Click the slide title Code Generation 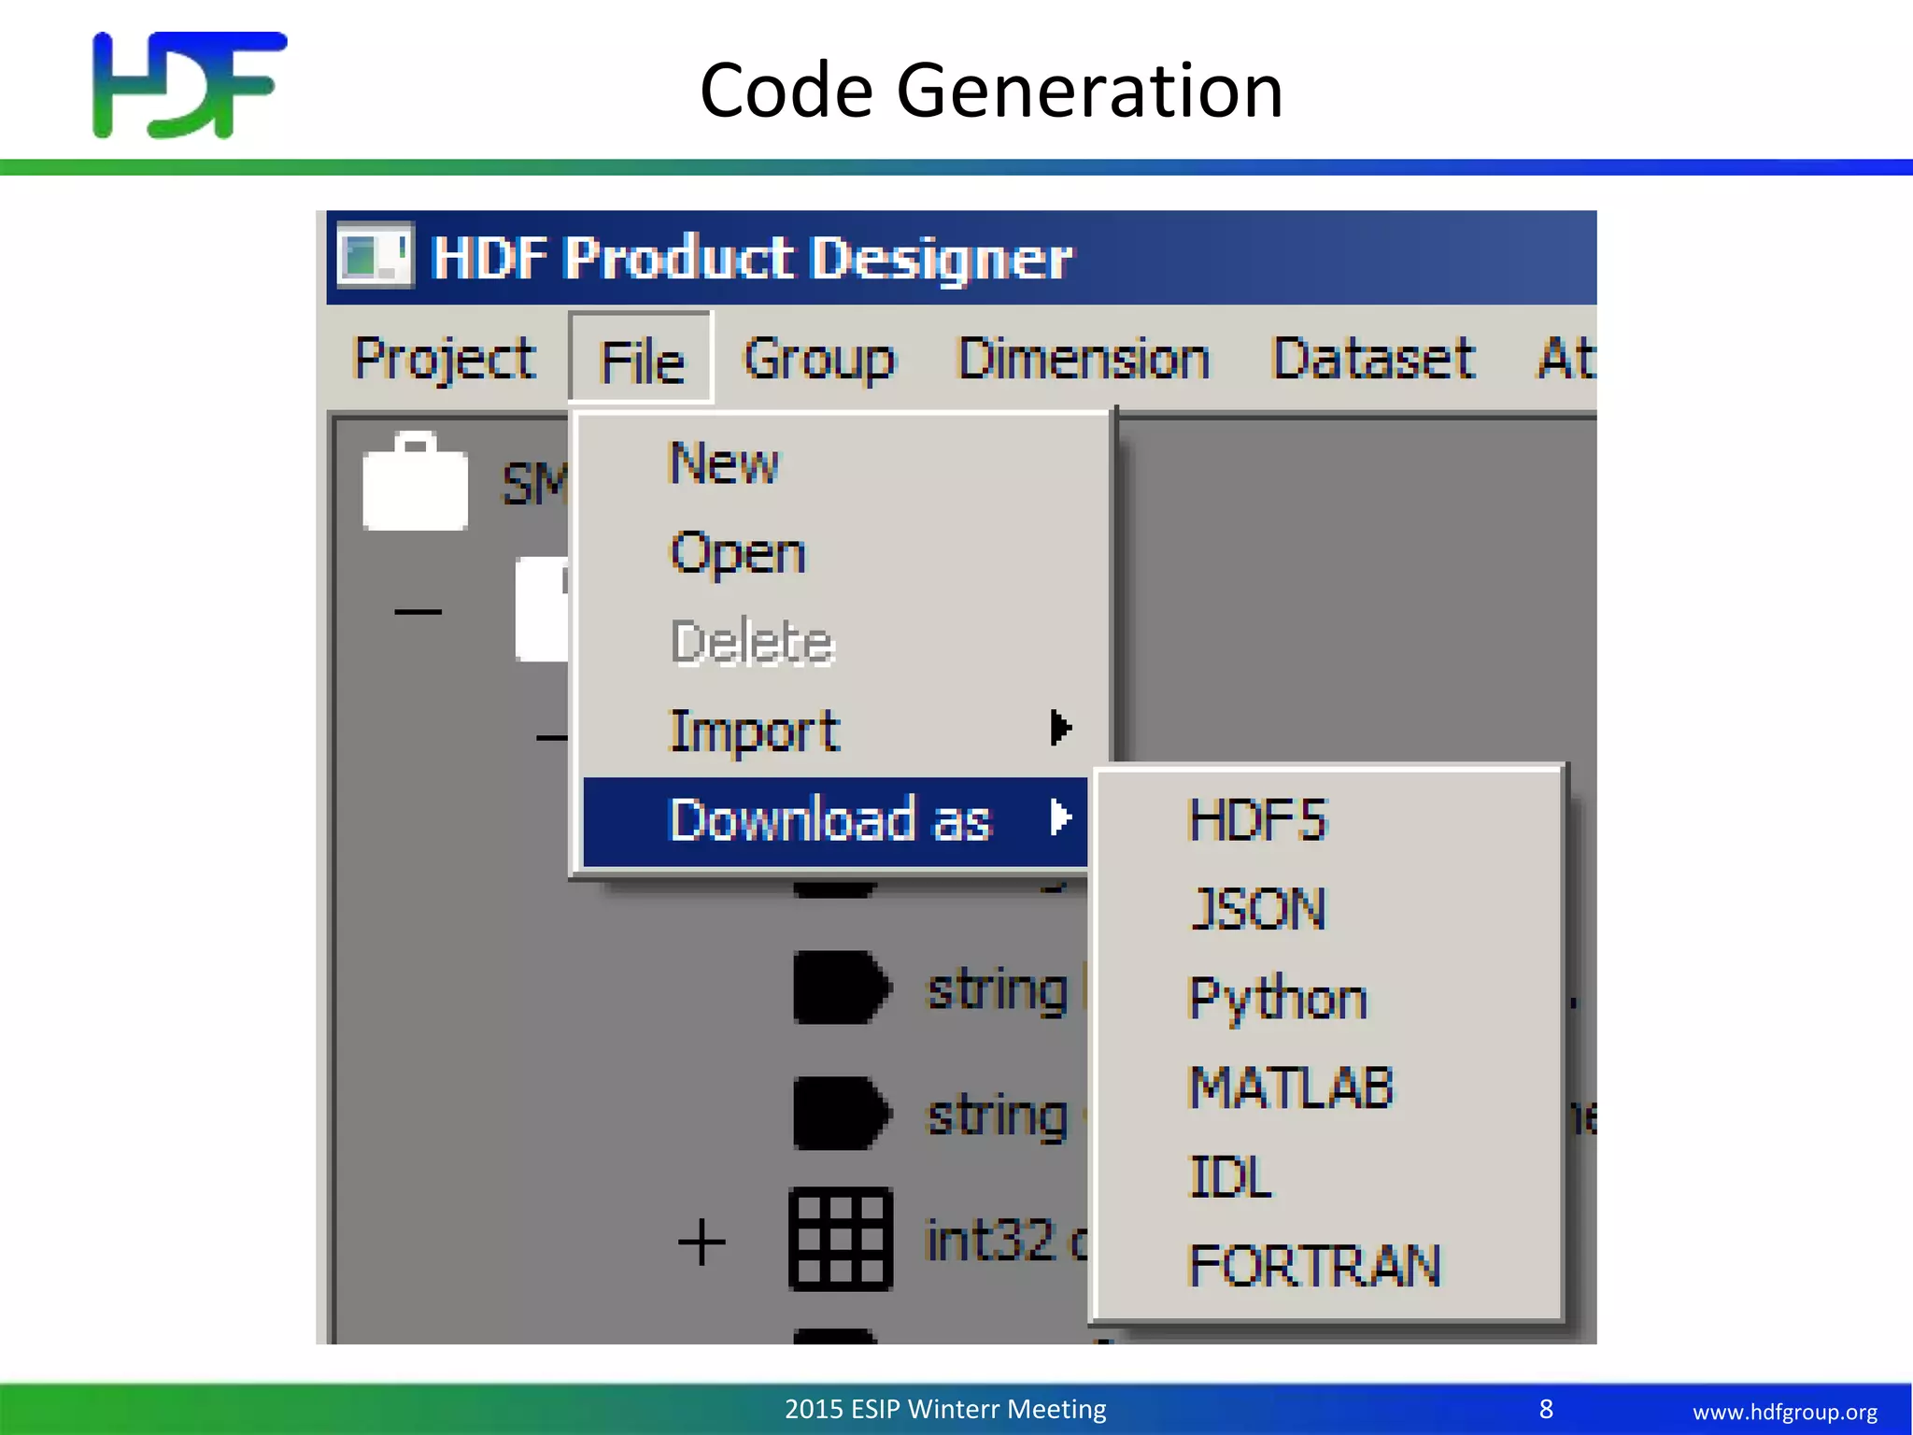point(991,91)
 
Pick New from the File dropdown point(724,463)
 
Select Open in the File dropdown point(738,553)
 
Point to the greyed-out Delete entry point(752,643)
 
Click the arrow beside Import point(1060,728)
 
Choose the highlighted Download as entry point(830,820)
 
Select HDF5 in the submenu point(1257,820)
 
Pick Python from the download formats point(1278,999)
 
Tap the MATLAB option point(1291,1088)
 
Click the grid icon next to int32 point(841,1240)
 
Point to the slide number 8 point(1546,1409)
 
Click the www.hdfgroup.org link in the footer point(1784,1412)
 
